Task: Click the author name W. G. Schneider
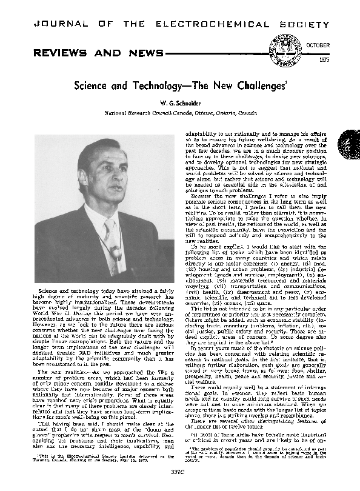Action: [x=180, y=104]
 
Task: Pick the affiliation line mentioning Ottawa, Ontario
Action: [x=180, y=113]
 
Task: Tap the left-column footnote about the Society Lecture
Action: [x=91, y=456]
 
